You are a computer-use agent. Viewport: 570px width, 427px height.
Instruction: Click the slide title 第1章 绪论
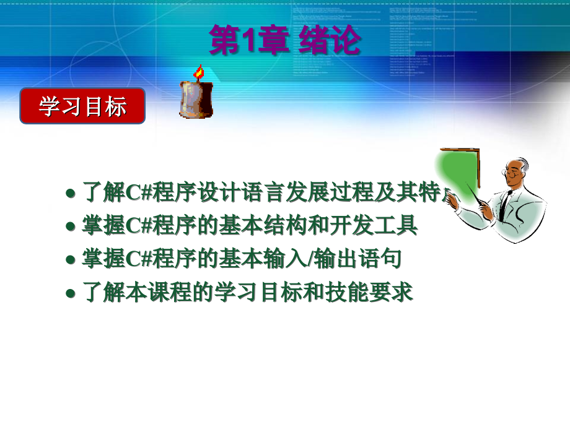tap(284, 41)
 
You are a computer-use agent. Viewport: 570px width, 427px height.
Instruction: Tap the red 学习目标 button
tap(82, 106)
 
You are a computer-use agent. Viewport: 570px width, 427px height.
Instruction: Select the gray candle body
tap(195, 100)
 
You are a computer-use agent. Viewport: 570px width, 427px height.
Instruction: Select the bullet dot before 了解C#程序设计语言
tap(71, 194)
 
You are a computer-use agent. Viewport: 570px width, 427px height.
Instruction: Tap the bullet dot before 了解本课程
tap(71, 294)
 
